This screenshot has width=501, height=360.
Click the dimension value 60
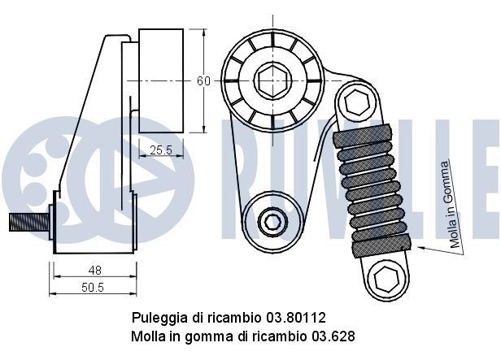203,80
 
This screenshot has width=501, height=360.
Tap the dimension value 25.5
161,149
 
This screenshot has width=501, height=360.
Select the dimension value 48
94,270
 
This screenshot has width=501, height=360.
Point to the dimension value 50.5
94,287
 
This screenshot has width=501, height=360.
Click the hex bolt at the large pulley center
271,80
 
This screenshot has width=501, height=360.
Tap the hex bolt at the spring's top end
355,102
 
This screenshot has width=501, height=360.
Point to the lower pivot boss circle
272,219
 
